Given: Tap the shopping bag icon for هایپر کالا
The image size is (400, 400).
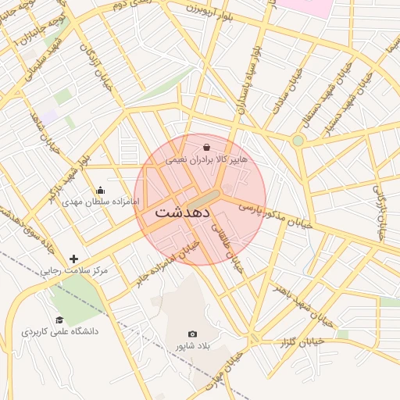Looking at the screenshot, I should click(x=205, y=147).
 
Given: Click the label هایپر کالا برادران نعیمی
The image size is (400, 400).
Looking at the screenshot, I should click(x=205, y=159).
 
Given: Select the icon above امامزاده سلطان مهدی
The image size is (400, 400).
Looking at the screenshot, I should click(x=100, y=190).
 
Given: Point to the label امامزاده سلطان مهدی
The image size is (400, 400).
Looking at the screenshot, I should click(x=100, y=202).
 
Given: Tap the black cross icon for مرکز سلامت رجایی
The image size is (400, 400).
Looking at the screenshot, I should click(x=74, y=259).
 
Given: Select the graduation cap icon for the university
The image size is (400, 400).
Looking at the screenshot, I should click(x=59, y=320).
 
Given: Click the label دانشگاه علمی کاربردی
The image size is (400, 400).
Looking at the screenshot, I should click(x=60, y=332).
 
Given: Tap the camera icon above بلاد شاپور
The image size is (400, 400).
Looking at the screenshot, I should click(x=193, y=334).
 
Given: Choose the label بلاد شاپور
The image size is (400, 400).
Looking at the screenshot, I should click(x=193, y=346).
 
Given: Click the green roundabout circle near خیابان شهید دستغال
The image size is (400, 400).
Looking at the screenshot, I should click(x=298, y=141).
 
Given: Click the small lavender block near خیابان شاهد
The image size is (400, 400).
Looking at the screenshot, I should click(x=50, y=116).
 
